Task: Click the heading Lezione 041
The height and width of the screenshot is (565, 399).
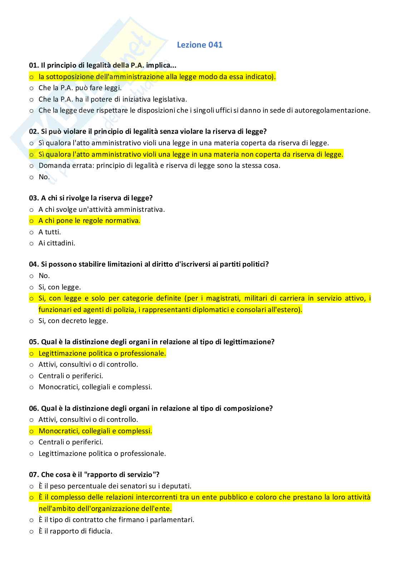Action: click(199, 45)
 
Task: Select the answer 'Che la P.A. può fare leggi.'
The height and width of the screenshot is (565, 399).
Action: click(80, 88)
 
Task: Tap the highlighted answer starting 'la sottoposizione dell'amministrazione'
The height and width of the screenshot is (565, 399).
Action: click(157, 77)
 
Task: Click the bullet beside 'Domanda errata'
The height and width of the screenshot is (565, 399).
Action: click(31, 166)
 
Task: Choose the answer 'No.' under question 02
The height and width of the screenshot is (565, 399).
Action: click(44, 177)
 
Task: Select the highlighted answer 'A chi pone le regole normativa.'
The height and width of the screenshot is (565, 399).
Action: click(89, 221)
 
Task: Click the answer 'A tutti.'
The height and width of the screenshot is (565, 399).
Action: click(50, 232)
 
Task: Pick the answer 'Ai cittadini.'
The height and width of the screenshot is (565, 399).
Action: click(57, 243)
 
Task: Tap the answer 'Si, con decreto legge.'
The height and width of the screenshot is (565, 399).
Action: click(73, 321)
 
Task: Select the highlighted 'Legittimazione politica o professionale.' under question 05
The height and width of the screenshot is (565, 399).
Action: click(102, 354)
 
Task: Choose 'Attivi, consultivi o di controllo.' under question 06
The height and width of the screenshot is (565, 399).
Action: click(88, 419)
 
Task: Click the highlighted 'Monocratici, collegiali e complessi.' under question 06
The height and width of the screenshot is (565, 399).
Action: click(95, 431)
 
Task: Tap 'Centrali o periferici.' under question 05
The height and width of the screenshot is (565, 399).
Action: click(71, 376)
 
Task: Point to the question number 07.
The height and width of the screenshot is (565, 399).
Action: click(34, 475)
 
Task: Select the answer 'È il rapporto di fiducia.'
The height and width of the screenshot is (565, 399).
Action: click(75, 531)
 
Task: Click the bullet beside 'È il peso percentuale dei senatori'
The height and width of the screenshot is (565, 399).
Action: click(31, 486)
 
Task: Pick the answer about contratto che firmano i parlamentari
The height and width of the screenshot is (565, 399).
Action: click(116, 520)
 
